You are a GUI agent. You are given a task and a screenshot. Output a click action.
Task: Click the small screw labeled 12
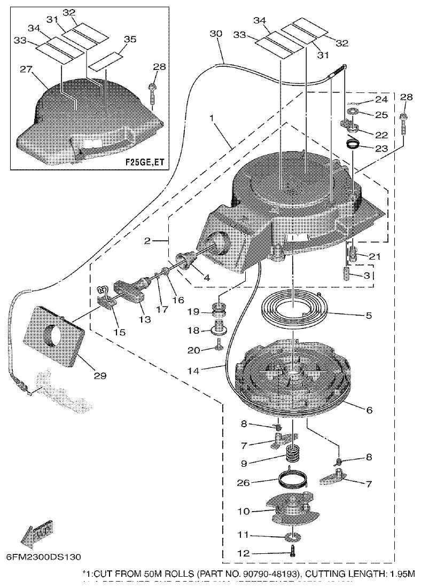[x=293, y=553]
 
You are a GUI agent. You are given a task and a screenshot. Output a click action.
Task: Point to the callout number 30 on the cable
[x=215, y=34]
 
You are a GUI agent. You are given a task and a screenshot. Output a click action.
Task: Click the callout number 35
[x=130, y=39]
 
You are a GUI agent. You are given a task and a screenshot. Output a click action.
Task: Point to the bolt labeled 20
[x=219, y=348]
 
